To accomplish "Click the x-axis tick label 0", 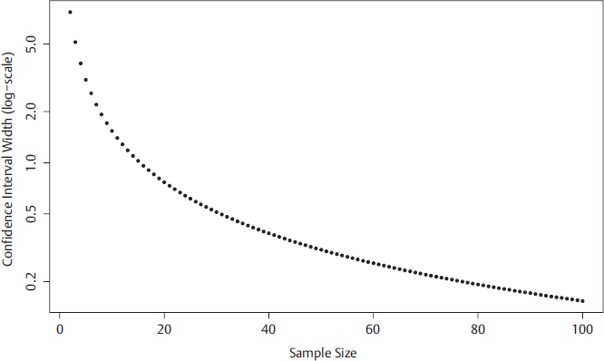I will pos(60,328).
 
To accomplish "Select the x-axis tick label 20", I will pos(164,328).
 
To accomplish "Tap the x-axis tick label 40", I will pos(268,328).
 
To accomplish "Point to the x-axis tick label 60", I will pos(374,328).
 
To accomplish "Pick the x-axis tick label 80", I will pos(478,328).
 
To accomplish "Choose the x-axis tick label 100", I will pos(582,328).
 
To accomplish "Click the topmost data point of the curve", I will pos(70,13).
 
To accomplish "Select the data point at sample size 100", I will pos(582,301).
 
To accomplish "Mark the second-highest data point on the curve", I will pos(75,43).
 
